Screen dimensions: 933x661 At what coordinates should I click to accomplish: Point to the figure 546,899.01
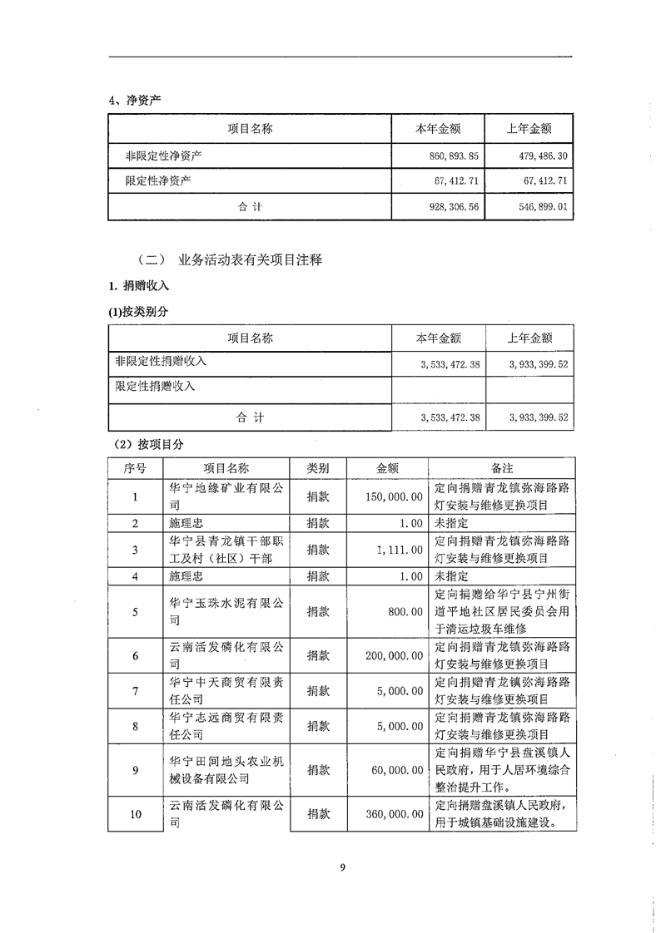[538, 206]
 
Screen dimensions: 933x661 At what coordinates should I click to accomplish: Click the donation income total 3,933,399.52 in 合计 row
[538, 417]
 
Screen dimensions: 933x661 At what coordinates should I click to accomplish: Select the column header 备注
[501, 468]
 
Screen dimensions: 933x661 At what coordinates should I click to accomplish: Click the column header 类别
[317, 468]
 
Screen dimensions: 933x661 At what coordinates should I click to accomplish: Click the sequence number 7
[135, 691]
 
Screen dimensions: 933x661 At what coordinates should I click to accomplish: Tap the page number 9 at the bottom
[341, 868]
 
